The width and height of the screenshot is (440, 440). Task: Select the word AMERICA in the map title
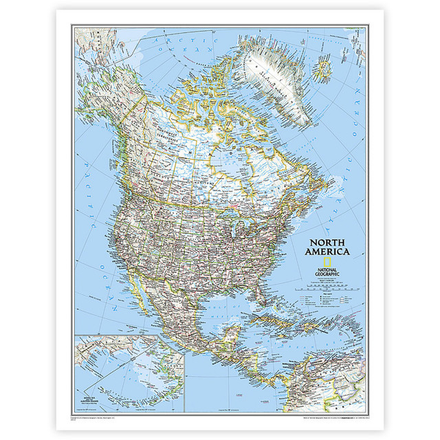329,252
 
